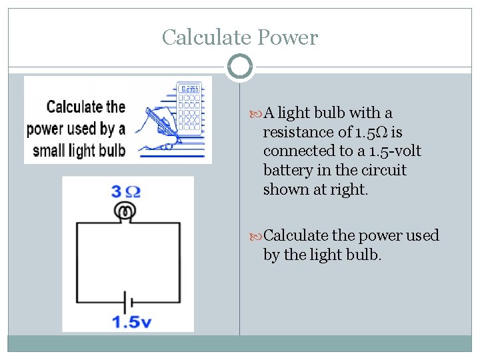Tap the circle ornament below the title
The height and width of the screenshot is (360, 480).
(x=240, y=66)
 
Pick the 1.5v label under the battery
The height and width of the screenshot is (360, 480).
(x=131, y=323)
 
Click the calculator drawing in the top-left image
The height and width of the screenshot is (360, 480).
(x=191, y=107)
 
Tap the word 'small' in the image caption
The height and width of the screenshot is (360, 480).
(x=54, y=149)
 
